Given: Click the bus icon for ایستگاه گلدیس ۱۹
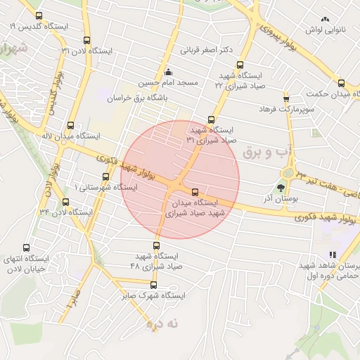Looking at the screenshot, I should (38, 15).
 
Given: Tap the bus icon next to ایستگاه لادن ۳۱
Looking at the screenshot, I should (86, 41).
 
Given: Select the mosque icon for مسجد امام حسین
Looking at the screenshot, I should (167, 72).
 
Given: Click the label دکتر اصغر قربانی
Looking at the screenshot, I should (207, 51).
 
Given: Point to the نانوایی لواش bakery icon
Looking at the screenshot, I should (324, 20).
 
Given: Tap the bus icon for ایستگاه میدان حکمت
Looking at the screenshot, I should (341, 83).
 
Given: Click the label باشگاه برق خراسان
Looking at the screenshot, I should (139, 99).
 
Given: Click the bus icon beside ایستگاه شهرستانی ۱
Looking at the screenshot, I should (105, 176).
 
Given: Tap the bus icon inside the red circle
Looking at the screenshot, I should (195, 192).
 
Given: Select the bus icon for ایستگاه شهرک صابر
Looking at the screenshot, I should (154, 285).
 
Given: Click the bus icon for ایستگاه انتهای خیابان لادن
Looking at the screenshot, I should (27, 247).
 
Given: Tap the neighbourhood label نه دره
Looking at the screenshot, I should (163, 323).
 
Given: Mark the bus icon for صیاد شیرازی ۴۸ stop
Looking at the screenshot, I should (156, 246).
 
